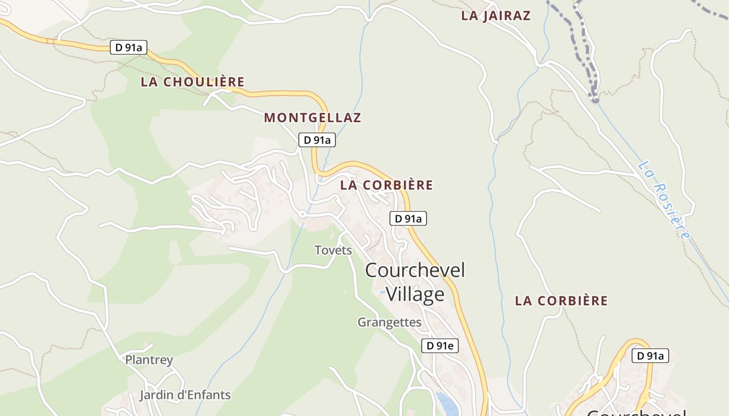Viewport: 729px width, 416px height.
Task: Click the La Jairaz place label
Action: (x=496, y=16)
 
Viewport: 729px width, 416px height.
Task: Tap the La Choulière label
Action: (x=193, y=82)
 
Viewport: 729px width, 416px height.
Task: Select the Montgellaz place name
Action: (x=312, y=118)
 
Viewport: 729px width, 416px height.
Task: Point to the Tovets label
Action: (x=333, y=250)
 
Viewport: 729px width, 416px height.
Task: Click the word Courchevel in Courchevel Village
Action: (x=415, y=270)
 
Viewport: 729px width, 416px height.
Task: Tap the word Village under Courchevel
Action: (x=415, y=294)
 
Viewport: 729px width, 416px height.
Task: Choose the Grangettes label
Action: (x=389, y=322)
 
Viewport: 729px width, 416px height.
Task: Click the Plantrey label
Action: (x=149, y=360)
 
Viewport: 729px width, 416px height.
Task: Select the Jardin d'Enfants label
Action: (x=185, y=395)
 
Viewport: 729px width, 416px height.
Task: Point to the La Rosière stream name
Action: (x=664, y=200)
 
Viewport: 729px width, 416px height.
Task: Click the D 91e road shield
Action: (x=439, y=346)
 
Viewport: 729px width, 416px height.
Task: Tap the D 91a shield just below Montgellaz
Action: (x=317, y=140)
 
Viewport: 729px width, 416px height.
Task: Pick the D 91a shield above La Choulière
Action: (x=129, y=47)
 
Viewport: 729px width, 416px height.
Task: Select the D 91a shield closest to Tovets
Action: (x=408, y=219)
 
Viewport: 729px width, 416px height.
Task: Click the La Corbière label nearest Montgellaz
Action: (x=386, y=185)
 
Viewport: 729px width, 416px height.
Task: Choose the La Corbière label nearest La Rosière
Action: (x=561, y=301)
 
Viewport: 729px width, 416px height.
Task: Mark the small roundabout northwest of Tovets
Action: (x=302, y=214)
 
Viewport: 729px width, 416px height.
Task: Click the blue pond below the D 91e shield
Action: (x=446, y=402)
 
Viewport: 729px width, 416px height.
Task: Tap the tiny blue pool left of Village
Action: (x=382, y=292)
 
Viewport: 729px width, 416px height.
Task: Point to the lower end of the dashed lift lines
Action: (x=595, y=99)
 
